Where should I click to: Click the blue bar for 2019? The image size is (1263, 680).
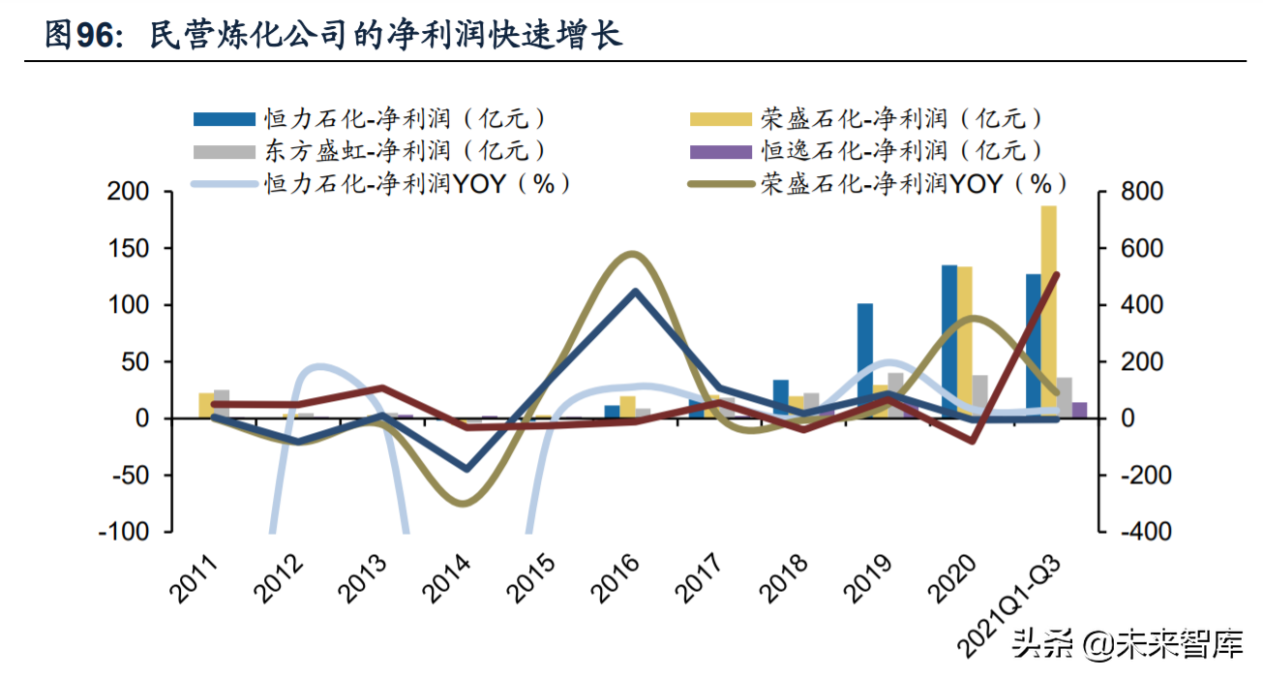click(x=864, y=359)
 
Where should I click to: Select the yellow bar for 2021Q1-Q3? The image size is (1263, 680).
click(x=1049, y=310)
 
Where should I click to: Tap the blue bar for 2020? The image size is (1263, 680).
click(x=949, y=341)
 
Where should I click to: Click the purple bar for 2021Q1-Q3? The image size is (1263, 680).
click(x=1080, y=411)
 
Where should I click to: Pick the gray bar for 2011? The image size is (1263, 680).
click(x=222, y=404)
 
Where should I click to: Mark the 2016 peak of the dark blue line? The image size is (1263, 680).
click(x=634, y=291)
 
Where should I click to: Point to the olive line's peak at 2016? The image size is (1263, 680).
click(x=631, y=254)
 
